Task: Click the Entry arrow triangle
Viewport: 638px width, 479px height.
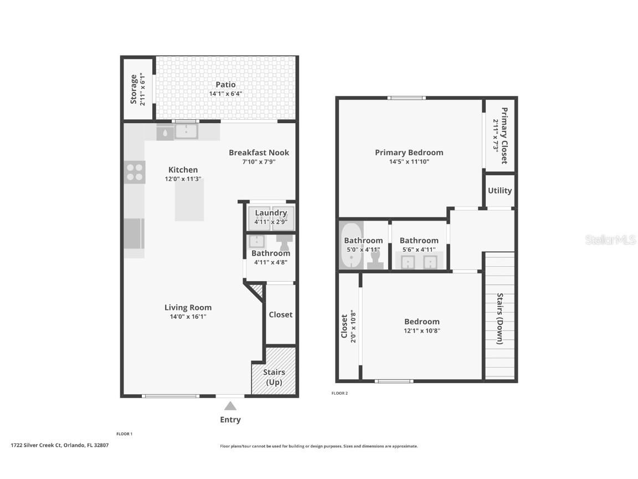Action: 230,406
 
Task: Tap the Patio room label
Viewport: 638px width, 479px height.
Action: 225,85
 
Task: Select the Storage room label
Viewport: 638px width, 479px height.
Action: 133,89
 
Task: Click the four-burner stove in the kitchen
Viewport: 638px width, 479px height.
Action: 135,172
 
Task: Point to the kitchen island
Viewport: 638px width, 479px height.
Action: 189,200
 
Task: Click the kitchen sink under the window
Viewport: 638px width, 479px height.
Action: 187,131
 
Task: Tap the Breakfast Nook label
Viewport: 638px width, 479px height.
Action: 259,152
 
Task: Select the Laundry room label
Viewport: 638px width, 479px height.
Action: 271,213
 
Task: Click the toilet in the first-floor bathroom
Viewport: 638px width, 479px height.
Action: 284,242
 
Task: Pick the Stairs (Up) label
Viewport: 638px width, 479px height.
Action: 274,377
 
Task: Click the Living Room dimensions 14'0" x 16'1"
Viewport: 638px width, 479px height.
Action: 188,317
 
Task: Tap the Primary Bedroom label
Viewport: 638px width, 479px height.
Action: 409,152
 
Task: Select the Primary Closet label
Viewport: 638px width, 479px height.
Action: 504,136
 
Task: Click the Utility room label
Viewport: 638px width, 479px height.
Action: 500,190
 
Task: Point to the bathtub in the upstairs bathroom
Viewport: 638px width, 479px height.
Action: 351,245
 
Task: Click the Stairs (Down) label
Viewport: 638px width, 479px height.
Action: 500,318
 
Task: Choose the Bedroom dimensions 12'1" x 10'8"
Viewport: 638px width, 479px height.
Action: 421,330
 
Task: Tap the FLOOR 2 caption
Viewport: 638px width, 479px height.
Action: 339,393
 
